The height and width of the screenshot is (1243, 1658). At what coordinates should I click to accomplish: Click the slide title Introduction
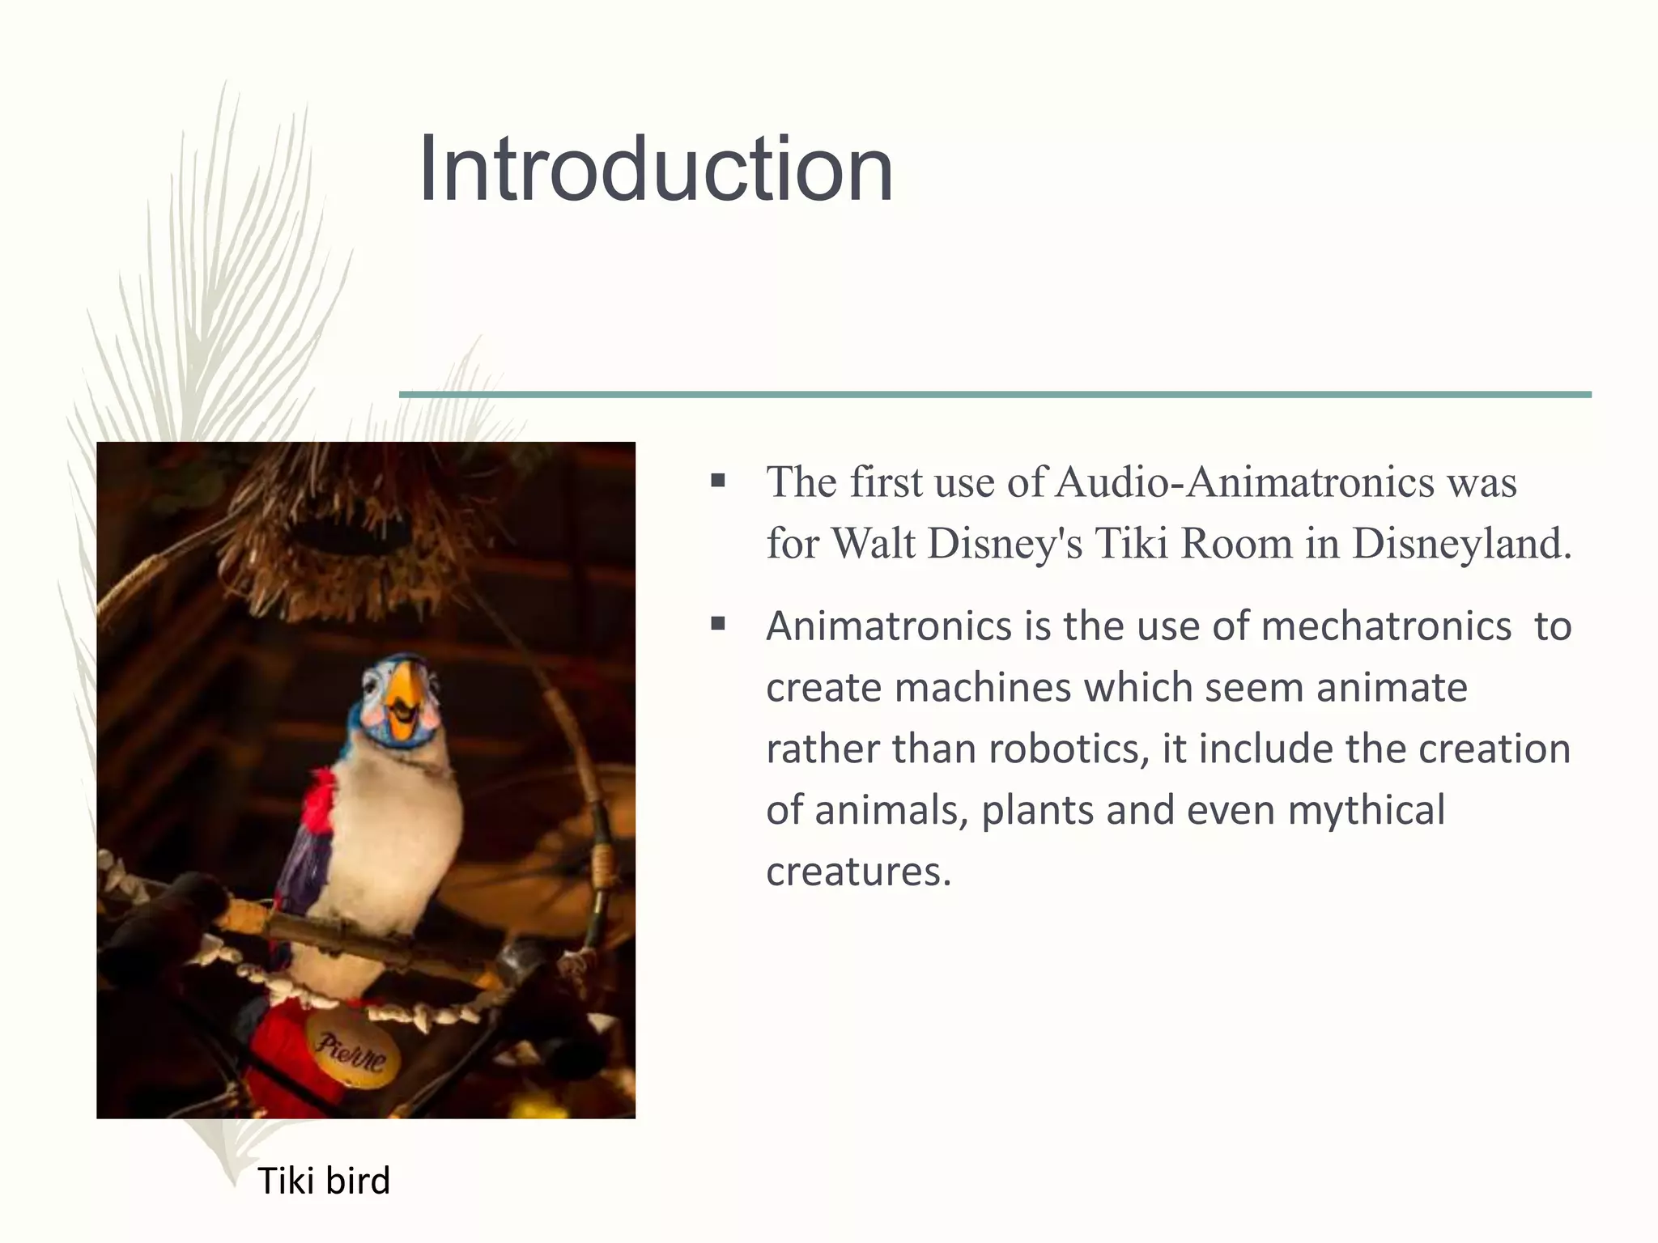click(656, 170)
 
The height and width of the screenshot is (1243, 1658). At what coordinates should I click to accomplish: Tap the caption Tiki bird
click(324, 1181)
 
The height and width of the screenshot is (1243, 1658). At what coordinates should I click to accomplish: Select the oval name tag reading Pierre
click(351, 1050)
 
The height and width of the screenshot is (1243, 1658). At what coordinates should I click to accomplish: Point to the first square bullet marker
click(717, 482)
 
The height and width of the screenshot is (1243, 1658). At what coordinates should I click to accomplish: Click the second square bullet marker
click(717, 625)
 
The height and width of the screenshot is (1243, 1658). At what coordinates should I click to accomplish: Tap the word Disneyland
click(1461, 543)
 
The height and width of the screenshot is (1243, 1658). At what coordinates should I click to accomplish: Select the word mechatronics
click(1386, 626)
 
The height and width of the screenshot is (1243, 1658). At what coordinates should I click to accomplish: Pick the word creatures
click(858, 872)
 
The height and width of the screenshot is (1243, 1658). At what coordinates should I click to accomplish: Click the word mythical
click(1366, 810)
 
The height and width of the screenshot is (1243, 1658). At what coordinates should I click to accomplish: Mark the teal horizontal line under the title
click(995, 394)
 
